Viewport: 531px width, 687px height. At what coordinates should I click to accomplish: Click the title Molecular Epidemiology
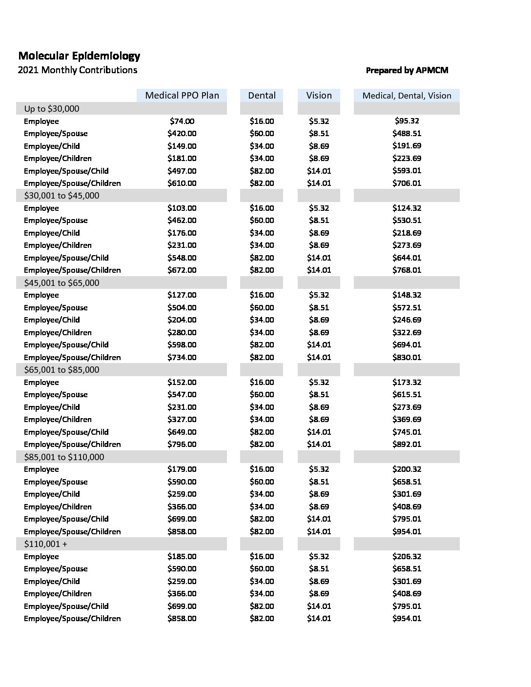(79, 56)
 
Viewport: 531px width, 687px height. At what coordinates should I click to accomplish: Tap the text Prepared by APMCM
(407, 70)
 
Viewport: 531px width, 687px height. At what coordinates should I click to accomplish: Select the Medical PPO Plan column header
(182, 95)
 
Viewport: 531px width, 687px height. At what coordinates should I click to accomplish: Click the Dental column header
(262, 95)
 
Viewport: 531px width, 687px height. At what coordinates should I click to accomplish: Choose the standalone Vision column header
(319, 95)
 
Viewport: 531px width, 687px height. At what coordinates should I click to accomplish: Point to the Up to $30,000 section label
(52, 109)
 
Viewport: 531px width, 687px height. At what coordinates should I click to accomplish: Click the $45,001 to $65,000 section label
(61, 283)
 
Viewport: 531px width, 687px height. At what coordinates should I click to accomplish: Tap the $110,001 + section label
(46, 544)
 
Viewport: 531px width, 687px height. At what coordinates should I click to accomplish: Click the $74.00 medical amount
(182, 121)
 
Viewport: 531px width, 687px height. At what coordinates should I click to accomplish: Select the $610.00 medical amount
(182, 183)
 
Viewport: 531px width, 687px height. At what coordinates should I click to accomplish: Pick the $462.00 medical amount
(182, 221)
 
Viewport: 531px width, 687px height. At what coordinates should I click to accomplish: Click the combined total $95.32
(407, 121)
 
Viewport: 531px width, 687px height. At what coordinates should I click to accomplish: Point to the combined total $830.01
(407, 357)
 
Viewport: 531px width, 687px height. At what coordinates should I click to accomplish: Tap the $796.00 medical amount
(182, 445)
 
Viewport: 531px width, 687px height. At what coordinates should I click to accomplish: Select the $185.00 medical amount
(182, 557)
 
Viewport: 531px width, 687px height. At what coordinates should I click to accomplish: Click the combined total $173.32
(407, 383)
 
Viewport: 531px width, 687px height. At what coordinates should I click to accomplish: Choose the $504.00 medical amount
(182, 308)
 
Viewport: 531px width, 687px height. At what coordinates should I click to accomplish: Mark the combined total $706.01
(407, 183)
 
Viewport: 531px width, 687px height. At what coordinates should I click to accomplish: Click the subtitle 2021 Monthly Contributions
(77, 70)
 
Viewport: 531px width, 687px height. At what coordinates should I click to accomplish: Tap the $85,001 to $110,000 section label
(64, 457)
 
